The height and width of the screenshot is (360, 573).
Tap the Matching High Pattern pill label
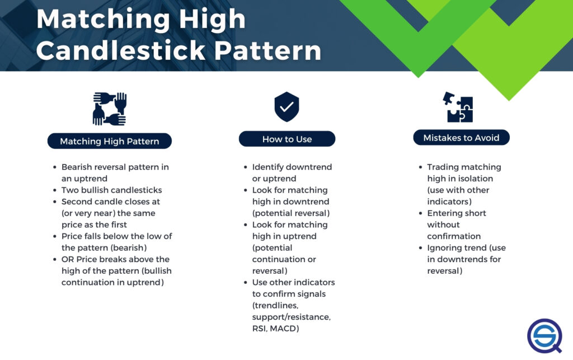tap(110, 141)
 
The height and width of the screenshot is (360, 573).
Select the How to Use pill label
tap(287, 139)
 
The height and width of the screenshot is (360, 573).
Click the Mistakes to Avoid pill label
tap(462, 138)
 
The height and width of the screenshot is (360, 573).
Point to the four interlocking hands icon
tap(109, 109)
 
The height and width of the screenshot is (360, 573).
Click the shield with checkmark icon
tap(286, 107)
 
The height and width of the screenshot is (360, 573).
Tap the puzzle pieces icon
tap(458, 106)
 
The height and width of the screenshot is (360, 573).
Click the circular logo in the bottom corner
tap(544, 335)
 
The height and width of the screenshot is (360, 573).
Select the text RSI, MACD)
tap(275, 329)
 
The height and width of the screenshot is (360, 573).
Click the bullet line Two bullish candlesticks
tap(111, 190)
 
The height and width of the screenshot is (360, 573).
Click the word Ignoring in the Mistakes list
tap(447, 248)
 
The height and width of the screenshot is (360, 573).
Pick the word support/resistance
tap(291, 317)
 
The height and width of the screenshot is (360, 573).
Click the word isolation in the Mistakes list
tap(476, 179)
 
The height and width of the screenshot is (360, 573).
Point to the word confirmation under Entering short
tap(454, 236)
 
